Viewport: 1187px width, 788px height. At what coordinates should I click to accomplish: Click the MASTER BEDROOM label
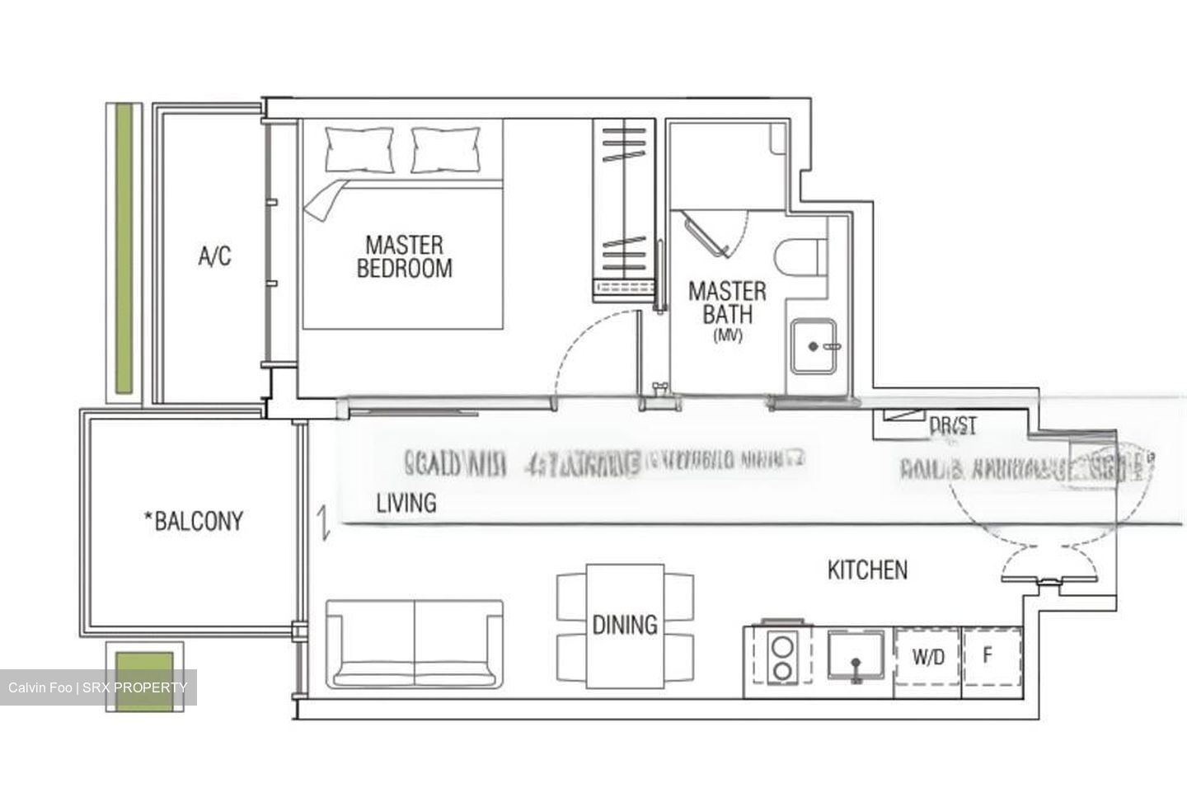404,256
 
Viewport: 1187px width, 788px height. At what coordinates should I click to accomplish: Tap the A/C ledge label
214,257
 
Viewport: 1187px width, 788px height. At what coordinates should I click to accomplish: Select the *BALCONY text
194,521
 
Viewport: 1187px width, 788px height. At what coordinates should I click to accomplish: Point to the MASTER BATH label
726,302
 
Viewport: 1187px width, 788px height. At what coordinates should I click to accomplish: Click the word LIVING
406,503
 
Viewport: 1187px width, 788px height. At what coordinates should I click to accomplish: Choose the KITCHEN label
867,570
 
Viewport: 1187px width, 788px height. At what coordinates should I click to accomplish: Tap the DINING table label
625,625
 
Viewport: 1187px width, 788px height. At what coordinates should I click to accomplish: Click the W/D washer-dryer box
928,657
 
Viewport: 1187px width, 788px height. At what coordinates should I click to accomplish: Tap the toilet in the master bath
800,256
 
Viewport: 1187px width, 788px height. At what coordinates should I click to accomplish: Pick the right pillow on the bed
445,149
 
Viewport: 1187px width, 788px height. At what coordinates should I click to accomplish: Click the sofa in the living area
414,644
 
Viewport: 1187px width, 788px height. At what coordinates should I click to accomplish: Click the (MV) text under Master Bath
727,335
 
